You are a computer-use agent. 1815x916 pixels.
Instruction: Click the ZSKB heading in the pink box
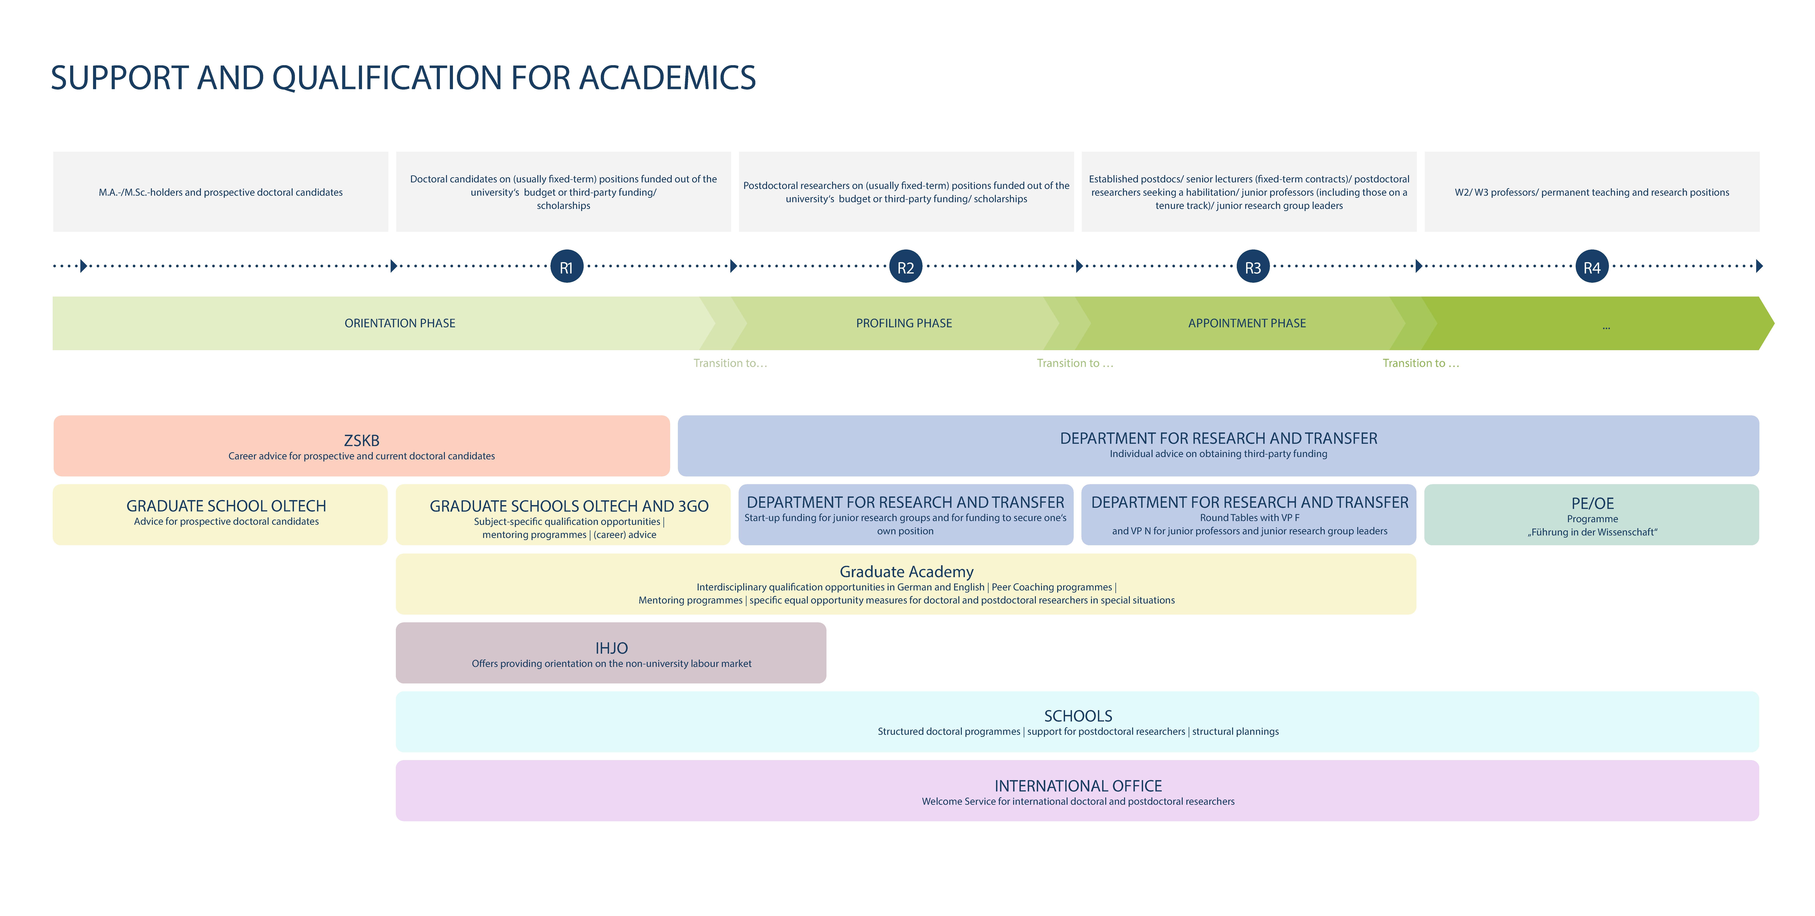click(x=361, y=440)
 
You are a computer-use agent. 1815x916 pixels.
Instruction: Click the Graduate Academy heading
click(x=906, y=571)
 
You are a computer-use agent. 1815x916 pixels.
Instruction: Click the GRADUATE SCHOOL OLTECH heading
click(x=226, y=506)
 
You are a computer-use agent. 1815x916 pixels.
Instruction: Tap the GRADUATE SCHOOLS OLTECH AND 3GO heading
click(x=569, y=506)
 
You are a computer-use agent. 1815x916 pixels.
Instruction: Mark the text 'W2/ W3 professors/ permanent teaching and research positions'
click(x=1592, y=192)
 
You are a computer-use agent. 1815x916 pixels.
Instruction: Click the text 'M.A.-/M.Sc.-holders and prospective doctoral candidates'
click(x=221, y=192)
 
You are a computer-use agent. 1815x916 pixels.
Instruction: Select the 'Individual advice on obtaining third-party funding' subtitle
click(x=1218, y=454)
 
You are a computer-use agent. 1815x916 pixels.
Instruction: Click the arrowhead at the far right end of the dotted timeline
click(x=1759, y=266)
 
